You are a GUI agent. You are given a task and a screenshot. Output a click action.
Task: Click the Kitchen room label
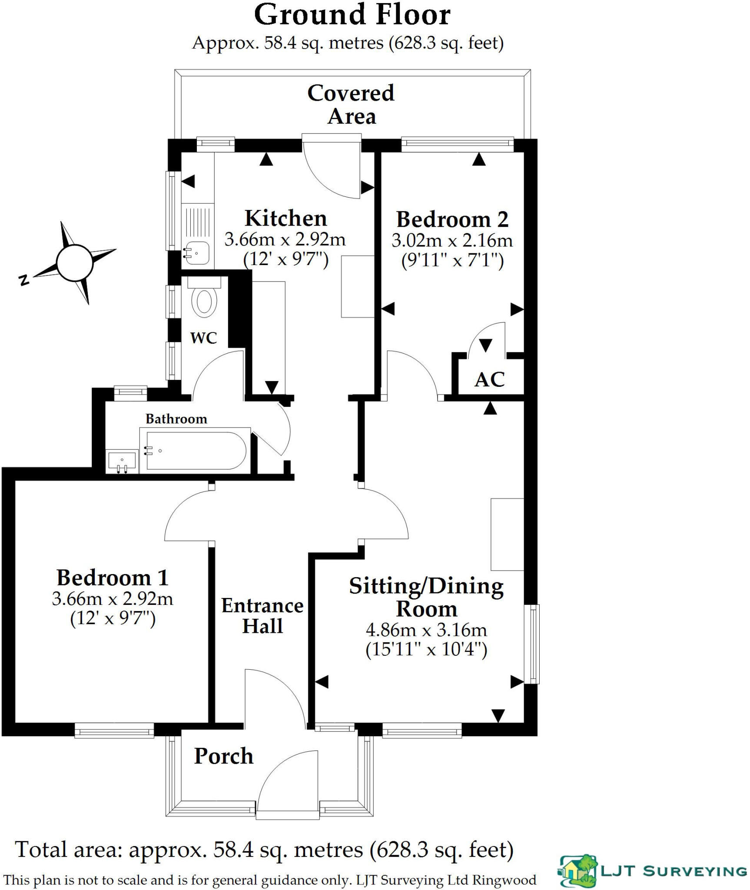coord(285,219)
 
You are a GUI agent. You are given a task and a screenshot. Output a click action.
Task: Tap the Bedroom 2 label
coord(452,219)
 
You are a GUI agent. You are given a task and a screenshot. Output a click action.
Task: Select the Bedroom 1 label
coord(112,578)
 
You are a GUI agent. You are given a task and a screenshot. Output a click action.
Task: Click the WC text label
coord(203,338)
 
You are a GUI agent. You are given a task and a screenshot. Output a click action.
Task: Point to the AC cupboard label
coord(490,380)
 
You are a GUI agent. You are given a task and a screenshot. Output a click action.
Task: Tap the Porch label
coord(223,757)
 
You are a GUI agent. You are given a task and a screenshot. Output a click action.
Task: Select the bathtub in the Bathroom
coord(196,451)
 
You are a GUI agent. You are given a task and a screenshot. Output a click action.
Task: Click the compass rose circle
coord(75,262)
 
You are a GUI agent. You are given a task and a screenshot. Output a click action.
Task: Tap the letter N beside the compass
coord(24,279)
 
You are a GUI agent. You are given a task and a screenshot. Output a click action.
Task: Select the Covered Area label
coord(351,105)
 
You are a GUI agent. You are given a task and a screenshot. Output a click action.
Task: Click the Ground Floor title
coord(352,15)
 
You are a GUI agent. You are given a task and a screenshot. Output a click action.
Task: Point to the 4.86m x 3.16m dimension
coord(426,630)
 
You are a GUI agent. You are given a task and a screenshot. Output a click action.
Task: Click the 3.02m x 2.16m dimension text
coord(452,240)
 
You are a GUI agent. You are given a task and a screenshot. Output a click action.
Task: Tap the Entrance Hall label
coord(262,616)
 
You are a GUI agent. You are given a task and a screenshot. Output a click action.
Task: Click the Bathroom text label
coord(176,419)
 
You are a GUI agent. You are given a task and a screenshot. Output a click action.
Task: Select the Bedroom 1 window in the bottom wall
coord(114,730)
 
